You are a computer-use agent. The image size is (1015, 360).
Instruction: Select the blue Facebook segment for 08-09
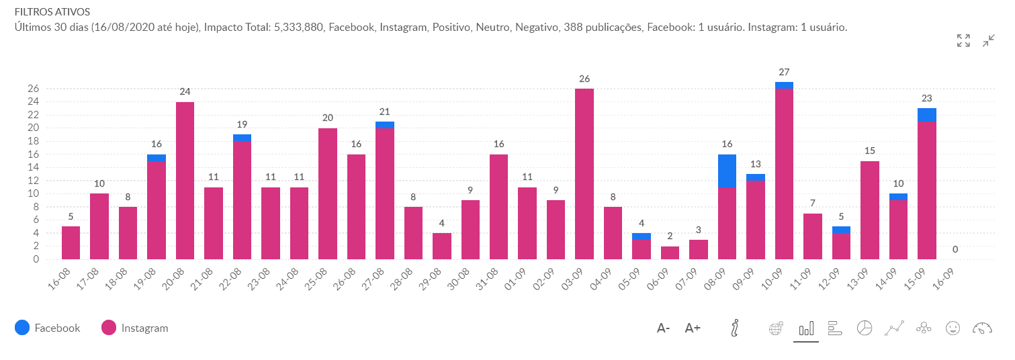pyautogui.click(x=727, y=171)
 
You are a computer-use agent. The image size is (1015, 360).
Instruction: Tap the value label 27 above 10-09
pyautogui.click(x=784, y=72)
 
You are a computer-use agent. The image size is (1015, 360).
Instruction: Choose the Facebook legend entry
pyautogui.click(x=47, y=328)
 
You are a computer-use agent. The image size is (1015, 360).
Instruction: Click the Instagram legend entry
pyautogui.click(x=134, y=328)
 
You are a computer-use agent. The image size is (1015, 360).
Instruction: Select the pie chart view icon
pyautogui.click(x=865, y=328)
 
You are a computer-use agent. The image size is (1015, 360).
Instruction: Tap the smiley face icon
pyautogui.click(x=952, y=328)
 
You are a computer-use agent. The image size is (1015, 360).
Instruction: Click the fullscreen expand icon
pyautogui.click(x=963, y=40)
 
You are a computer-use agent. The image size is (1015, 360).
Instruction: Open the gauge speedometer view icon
pyautogui.click(x=981, y=328)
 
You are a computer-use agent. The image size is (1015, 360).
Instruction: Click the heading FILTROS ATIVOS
pyautogui.click(x=43, y=12)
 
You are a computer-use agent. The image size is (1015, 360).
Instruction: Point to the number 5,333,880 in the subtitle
pyautogui.click(x=301, y=28)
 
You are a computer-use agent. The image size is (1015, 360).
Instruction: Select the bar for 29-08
pyautogui.click(x=442, y=246)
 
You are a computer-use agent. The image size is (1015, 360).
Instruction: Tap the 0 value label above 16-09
pyautogui.click(x=955, y=250)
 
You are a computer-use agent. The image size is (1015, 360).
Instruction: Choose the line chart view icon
pyautogui.click(x=893, y=328)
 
